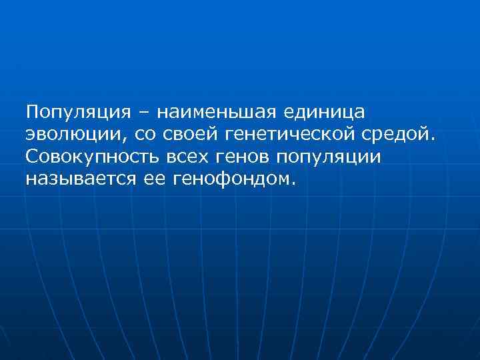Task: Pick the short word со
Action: [x=145, y=134]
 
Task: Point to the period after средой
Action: [x=432, y=138]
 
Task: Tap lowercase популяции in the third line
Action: [x=333, y=157]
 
